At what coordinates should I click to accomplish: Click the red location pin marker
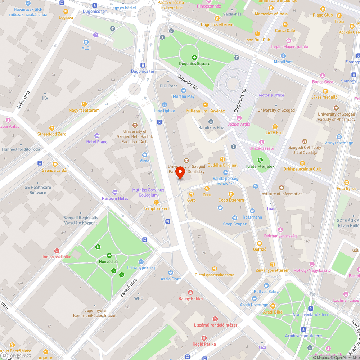[x=180, y=172]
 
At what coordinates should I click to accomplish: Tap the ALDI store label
[x=86, y=48]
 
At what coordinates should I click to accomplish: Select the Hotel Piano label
[x=97, y=142]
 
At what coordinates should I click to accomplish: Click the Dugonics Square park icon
[x=194, y=57]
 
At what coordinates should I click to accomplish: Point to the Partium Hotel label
[x=115, y=198]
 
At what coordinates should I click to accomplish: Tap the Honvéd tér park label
[x=109, y=261]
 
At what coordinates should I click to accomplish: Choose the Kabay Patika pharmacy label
[x=190, y=298]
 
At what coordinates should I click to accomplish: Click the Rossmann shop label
[x=252, y=217]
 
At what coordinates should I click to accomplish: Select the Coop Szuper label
[x=235, y=224]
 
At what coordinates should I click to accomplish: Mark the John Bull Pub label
[x=257, y=40]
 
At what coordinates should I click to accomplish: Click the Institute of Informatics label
[x=281, y=194]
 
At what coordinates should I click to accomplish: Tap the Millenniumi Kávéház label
[x=206, y=111]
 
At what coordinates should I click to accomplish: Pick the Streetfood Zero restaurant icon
[x=52, y=128]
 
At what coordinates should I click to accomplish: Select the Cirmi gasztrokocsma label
[x=214, y=275]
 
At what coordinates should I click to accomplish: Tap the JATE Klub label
[x=275, y=133]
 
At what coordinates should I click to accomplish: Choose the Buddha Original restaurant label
[x=222, y=165]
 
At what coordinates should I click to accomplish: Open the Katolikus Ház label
[x=211, y=127]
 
